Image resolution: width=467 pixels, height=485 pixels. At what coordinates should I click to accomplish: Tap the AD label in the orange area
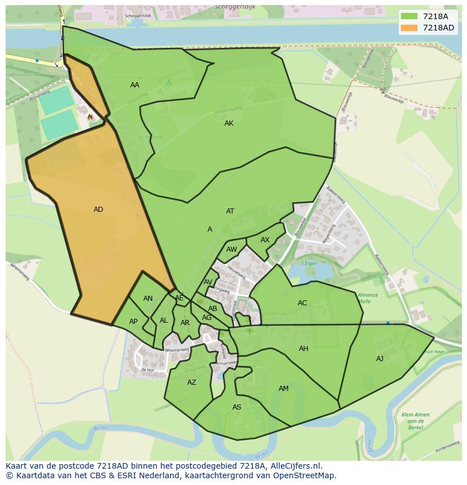pyautogui.click(x=98, y=210)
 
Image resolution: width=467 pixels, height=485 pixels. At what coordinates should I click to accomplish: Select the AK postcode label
pyautogui.click(x=228, y=123)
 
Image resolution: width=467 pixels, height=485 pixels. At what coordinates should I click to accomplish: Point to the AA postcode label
pyautogui.click(x=134, y=85)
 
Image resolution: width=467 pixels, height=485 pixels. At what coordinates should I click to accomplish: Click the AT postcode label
pyautogui.click(x=230, y=211)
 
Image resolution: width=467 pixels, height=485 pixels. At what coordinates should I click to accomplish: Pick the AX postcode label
pyautogui.click(x=265, y=240)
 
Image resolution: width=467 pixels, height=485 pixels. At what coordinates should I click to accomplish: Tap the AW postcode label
pyautogui.click(x=231, y=250)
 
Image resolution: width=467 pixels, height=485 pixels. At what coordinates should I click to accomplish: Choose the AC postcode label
pyautogui.click(x=302, y=303)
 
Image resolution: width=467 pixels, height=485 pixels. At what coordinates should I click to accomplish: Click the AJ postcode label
pyautogui.click(x=380, y=359)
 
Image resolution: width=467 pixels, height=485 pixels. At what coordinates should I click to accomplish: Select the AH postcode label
pyautogui.click(x=303, y=349)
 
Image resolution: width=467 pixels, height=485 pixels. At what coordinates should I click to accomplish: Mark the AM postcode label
pyautogui.click(x=284, y=389)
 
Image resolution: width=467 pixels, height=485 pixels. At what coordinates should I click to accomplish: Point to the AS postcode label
pyautogui.click(x=237, y=407)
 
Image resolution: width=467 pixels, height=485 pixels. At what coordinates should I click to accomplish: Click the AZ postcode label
pyautogui.click(x=192, y=382)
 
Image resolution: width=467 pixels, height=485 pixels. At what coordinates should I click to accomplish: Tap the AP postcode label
pyautogui.click(x=133, y=322)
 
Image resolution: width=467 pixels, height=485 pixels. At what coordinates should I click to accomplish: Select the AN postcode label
pyautogui.click(x=148, y=299)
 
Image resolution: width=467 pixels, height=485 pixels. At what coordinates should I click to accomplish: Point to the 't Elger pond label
pyautogui.click(x=309, y=264)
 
